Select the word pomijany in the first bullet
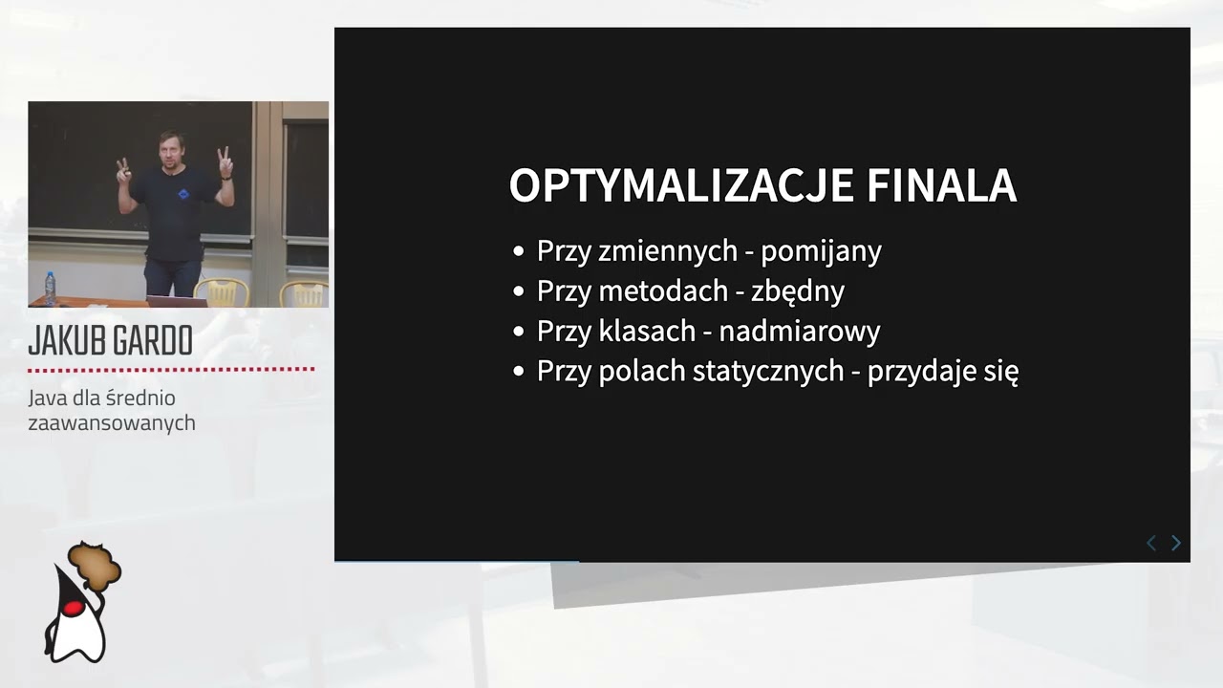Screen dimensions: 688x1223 pyautogui.click(x=821, y=251)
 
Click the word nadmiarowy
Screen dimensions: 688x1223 pyautogui.click(x=799, y=331)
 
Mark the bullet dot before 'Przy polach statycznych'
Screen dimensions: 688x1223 pyautogui.click(x=519, y=372)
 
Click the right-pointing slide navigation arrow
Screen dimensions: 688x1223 pyautogui.click(x=1176, y=543)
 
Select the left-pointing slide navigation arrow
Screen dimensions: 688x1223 pyautogui.click(x=1151, y=543)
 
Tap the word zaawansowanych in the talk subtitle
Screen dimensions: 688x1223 pyautogui.click(x=112, y=422)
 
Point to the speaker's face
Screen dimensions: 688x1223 pyautogui.click(x=172, y=151)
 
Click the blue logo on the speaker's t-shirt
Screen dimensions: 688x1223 pyautogui.click(x=183, y=194)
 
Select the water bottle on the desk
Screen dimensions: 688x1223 pyautogui.click(x=50, y=288)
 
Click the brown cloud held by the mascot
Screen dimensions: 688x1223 pyautogui.click(x=96, y=566)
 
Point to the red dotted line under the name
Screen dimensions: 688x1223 pyautogui.click(x=171, y=369)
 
